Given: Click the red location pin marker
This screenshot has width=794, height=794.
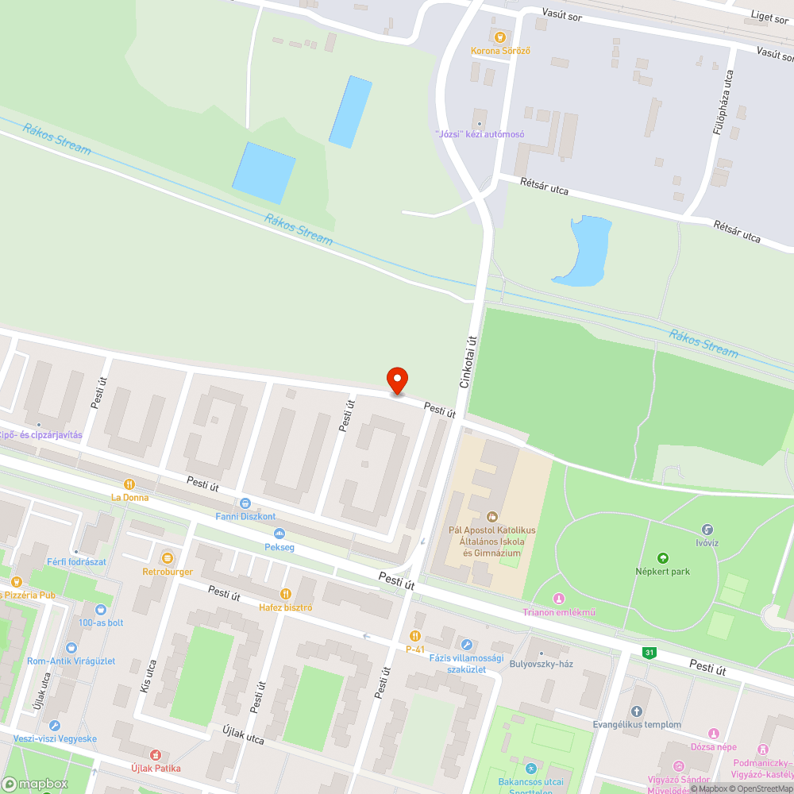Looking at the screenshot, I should pyautogui.click(x=396, y=380).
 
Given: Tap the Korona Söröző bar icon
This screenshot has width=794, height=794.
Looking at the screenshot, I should pyautogui.click(x=499, y=36).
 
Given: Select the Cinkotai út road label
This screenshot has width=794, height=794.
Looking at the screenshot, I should pyautogui.click(x=469, y=362).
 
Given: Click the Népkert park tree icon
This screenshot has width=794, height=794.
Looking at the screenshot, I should pyautogui.click(x=663, y=558).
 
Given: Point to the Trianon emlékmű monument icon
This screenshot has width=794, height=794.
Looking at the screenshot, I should pyautogui.click(x=558, y=598).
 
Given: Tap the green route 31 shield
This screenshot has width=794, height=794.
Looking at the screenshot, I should pyautogui.click(x=649, y=653).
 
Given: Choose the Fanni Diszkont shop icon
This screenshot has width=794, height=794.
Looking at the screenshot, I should pyautogui.click(x=245, y=503).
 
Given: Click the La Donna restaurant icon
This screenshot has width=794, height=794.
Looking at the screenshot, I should pyautogui.click(x=129, y=484).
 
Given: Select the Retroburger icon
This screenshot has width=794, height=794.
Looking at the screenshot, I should pyautogui.click(x=168, y=558).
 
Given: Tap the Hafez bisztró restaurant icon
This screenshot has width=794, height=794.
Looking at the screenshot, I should pyautogui.click(x=285, y=594).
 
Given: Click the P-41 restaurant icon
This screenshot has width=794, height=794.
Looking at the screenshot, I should pyautogui.click(x=414, y=635).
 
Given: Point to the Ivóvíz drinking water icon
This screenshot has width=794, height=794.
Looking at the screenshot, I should pyautogui.click(x=707, y=530).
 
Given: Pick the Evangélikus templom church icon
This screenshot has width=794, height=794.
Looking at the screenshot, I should pyautogui.click(x=636, y=711).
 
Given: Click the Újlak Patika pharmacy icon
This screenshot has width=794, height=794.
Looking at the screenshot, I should pyautogui.click(x=156, y=754).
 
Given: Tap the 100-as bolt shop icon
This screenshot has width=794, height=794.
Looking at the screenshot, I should pyautogui.click(x=100, y=609).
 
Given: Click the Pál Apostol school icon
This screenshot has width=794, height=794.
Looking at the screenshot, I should pyautogui.click(x=491, y=517).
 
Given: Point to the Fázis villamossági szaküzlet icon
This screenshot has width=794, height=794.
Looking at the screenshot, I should pyautogui.click(x=467, y=645).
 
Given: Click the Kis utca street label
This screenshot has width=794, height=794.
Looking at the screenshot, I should pyautogui.click(x=148, y=676).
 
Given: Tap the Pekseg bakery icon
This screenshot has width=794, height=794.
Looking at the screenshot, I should pyautogui.click(x=279, y=534).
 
